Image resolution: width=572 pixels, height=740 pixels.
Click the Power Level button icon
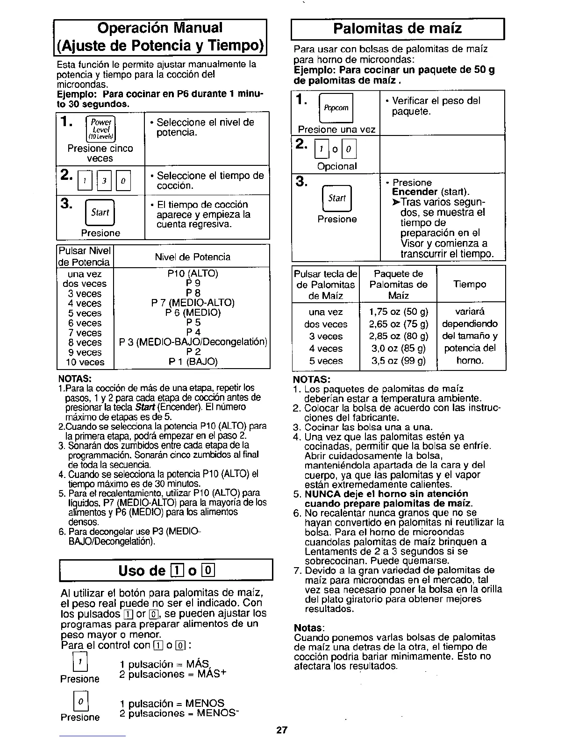coord(100,129)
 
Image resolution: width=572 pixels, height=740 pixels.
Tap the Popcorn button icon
coord(336,108)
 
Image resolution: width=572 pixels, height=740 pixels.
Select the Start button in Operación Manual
coord(100,213)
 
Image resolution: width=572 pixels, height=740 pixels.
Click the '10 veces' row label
coord(85,362)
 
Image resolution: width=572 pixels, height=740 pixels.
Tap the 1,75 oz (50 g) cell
coord(398,312)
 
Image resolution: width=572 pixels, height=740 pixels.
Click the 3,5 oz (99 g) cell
coord(398,361)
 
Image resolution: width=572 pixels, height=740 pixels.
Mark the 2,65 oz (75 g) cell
coord(398,324)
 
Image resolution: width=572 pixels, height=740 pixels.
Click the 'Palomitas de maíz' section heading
coord(397,29)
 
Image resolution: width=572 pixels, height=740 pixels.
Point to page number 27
coord(281,730)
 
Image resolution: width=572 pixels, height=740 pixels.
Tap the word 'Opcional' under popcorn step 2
coord(336,166)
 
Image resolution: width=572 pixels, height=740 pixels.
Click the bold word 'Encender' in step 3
coord(415,192)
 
